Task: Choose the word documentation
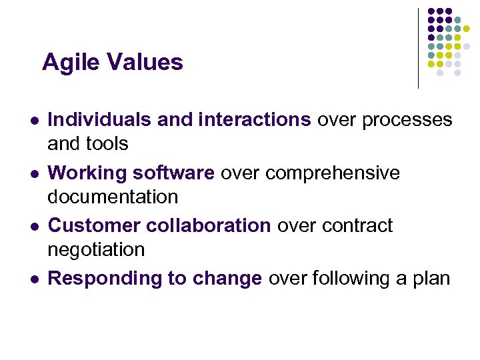pos(113,197)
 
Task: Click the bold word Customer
pos(93,226)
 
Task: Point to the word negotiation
pos(96,250)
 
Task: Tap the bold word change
pos(227,279)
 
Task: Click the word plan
pos(431,279)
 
